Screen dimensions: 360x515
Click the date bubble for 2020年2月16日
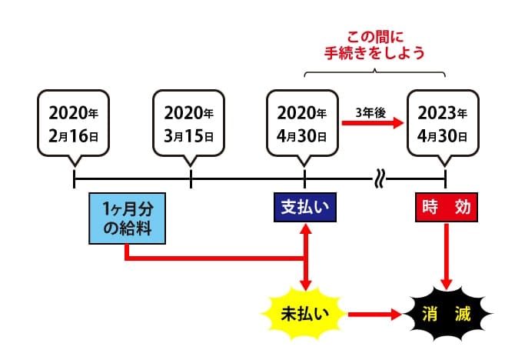click(74, 122)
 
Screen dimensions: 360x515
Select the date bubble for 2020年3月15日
click(189, 122)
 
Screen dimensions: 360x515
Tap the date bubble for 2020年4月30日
click(304, 122)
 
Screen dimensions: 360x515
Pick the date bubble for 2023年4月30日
click(444, 122)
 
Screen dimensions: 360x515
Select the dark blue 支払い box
click(306, 208)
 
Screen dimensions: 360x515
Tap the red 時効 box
click(444, 208)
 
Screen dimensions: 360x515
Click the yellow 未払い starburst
click(306, 313)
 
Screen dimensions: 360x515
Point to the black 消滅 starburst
click(444, 314)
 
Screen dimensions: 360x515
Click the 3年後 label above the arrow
click(370, 112)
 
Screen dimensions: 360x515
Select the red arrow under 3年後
click(372, 123)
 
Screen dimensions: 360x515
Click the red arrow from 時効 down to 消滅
click(444, 254)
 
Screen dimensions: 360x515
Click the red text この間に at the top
click(374, 37)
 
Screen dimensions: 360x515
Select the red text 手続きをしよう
click(374, 54)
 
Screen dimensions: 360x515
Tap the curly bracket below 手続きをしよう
click(374, 73)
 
